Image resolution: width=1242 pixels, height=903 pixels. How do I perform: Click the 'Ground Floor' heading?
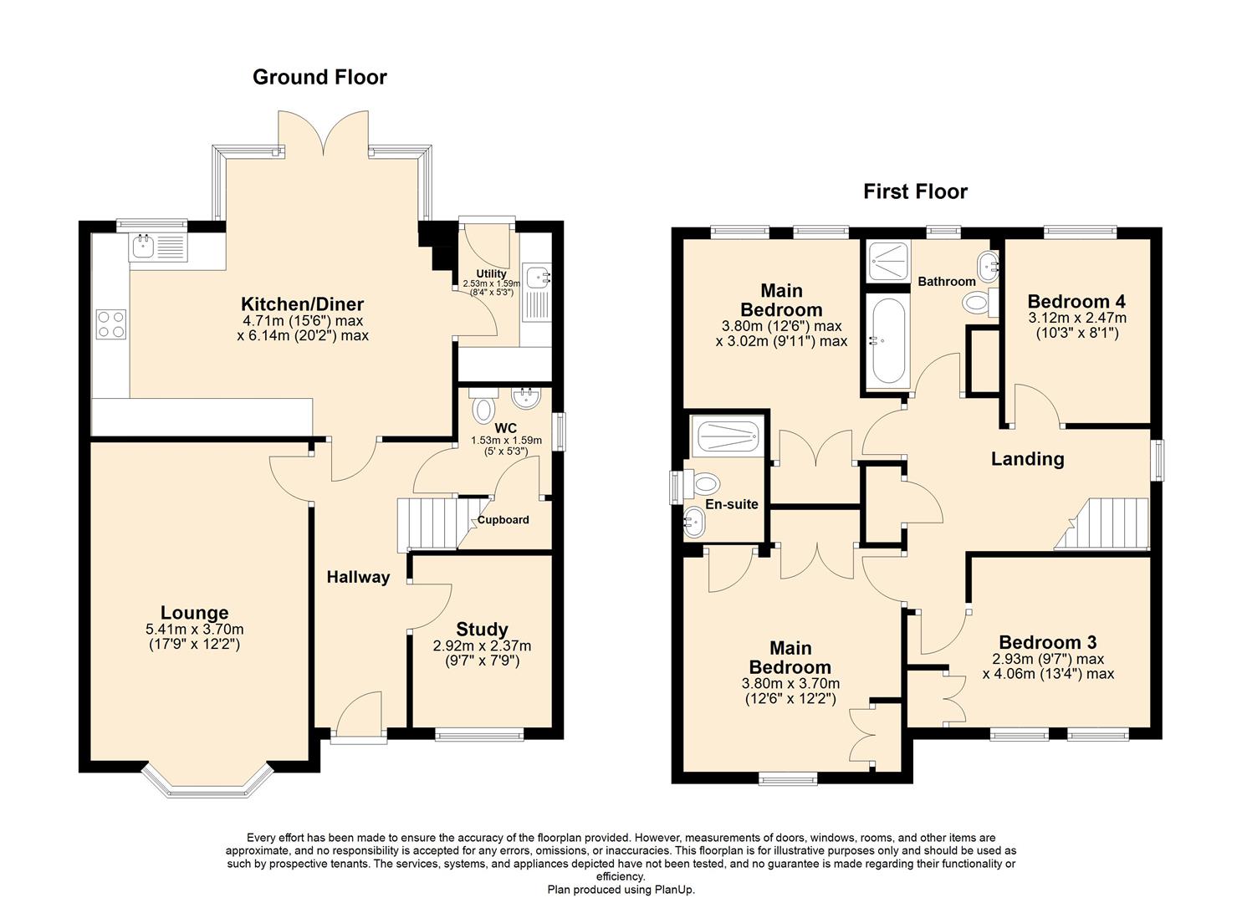click(319, 77)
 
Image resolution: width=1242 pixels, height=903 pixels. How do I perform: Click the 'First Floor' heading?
click(915, 191)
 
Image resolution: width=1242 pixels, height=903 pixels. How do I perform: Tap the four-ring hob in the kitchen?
click(110, 324)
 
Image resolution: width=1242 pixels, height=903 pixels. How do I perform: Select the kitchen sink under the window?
click(158, 247)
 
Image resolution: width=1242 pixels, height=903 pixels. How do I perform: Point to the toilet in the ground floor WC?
click(483, 410)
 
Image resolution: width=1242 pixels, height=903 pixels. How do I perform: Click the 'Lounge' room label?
click(194, 613)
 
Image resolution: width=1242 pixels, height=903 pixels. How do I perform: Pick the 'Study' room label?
click(482, 629)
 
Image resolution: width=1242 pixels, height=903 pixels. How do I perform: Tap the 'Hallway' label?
click(358, 577)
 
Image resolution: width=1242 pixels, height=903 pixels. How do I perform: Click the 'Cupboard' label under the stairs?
click(503, 520)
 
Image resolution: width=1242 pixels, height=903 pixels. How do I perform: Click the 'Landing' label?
click(1027, 458)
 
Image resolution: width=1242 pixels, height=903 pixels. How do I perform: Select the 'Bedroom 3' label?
click(1047, 642)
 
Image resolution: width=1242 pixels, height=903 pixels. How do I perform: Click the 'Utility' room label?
click(491, 273)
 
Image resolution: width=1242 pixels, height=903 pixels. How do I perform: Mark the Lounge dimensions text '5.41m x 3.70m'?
click(194, 630)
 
